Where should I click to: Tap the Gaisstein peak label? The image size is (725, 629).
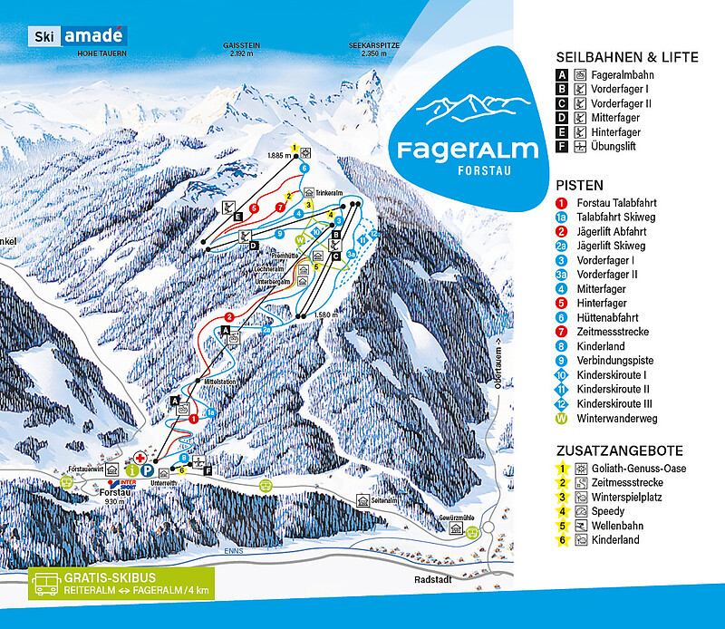click(x=241, y=49)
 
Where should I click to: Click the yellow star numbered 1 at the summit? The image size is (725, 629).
click(x=295, y=147)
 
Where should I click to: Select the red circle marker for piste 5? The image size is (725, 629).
click(x=255, y=208)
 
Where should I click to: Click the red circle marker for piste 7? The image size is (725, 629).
click(x=280, y=209)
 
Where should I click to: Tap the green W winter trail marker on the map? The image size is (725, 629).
click(x=302, y=239)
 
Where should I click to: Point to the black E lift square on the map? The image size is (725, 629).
click(x=237, y=218)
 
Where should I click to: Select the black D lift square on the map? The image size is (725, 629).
click(x=255, y=245)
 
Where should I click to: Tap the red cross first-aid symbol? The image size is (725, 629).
click(x=140, y=459)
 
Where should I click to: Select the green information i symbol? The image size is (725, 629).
click(x=131, y=470)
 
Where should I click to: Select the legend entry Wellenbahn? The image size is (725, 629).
click(x=597, y=526)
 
